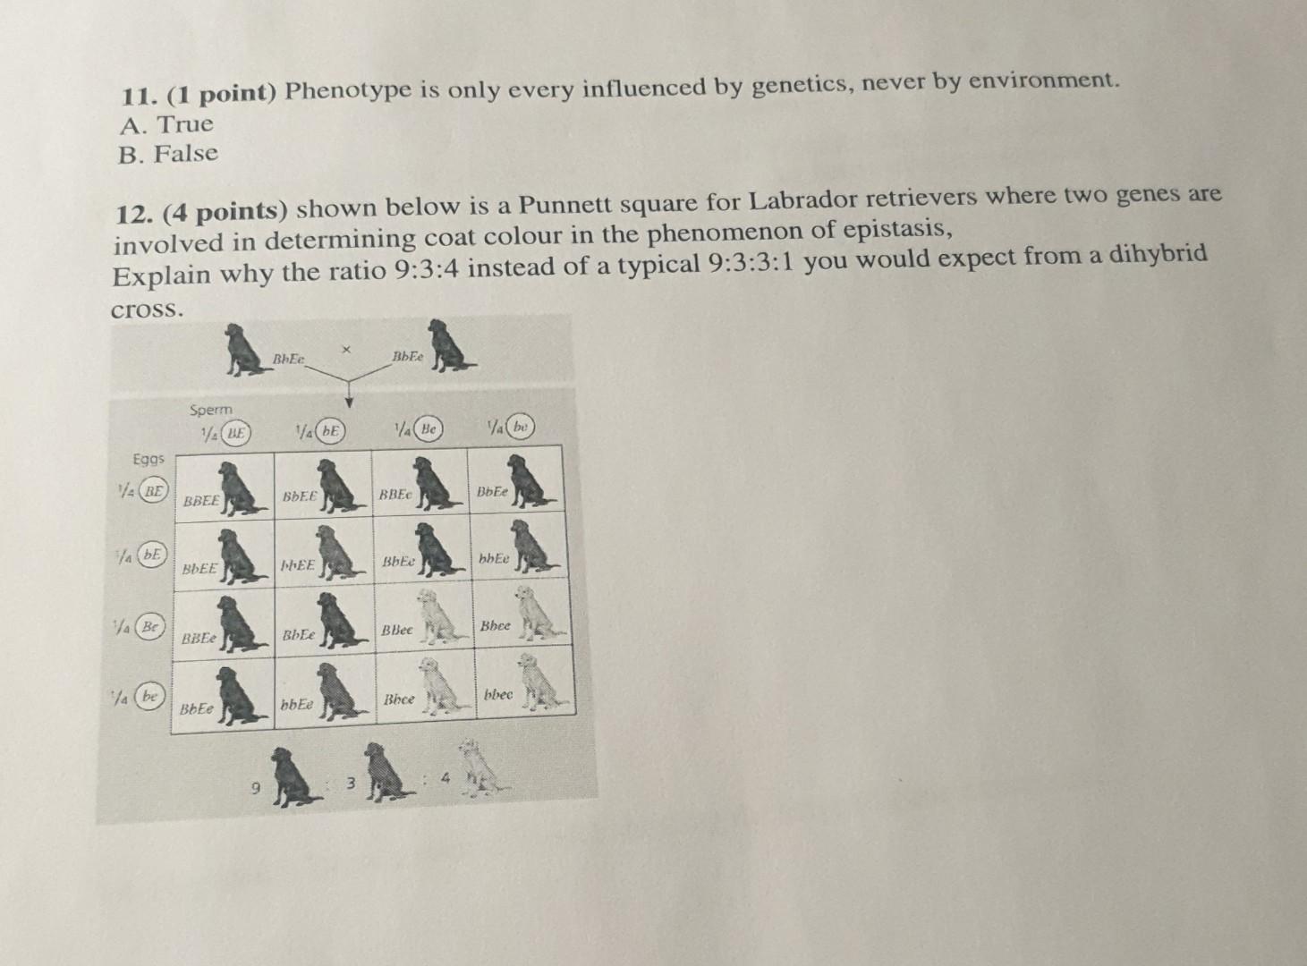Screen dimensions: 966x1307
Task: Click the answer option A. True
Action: coord(166,124)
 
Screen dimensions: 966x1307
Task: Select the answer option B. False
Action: coord(168,154)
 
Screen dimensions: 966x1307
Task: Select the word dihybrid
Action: coord(1158,255)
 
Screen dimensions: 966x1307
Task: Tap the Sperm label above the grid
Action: coord(210,409)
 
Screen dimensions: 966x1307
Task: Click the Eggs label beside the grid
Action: coord(149,458)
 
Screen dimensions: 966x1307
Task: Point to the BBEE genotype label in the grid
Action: coord(200,502)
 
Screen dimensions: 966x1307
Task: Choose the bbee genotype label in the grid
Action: coord(498,694)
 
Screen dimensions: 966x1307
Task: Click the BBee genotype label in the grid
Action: coord(397,630)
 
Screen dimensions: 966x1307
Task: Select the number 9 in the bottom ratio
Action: coord(256,789)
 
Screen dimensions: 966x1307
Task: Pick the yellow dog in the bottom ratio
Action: coord(481,771)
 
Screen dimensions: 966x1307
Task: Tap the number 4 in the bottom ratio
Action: coord(445,781)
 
